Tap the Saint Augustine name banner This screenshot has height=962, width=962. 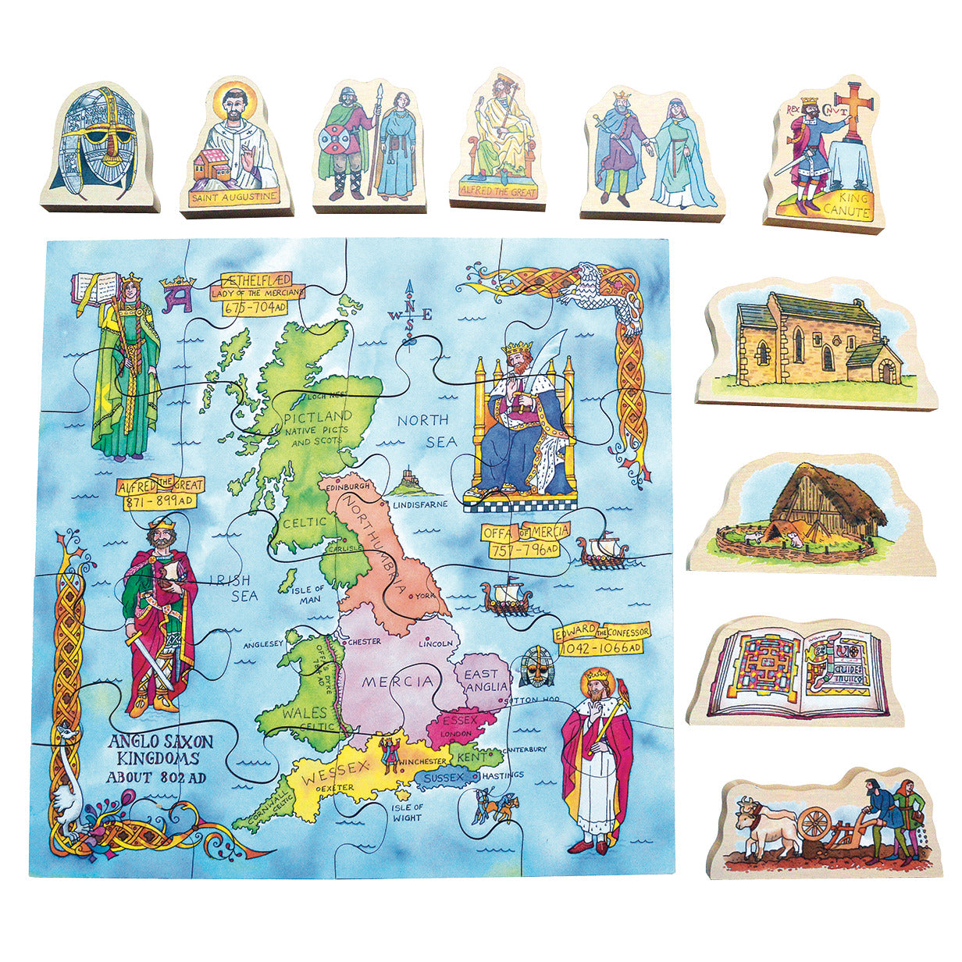tap(233, 197)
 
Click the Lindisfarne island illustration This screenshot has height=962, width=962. tap(410, 482)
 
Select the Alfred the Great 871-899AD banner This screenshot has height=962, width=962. tap(159, 493)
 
